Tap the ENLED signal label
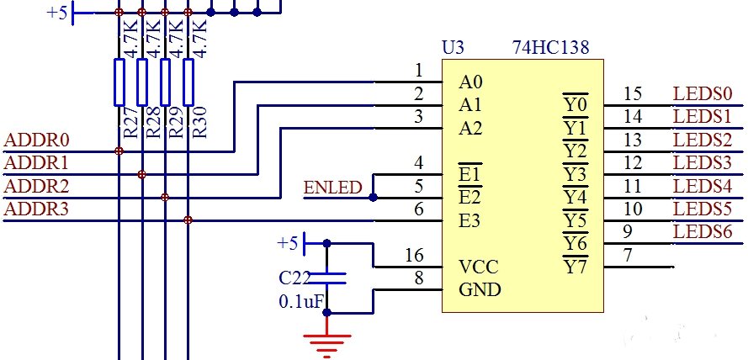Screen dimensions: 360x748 (333, 187)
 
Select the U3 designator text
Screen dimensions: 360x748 (454, 48)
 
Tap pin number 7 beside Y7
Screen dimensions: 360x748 (628, 255)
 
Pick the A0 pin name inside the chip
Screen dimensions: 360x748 (471, 83)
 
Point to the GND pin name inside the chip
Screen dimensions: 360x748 (480, 290)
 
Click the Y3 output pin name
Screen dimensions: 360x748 (575, 175)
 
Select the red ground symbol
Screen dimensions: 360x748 (326, 341)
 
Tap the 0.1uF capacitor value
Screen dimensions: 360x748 (300, 301)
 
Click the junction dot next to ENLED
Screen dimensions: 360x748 (373, 198)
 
